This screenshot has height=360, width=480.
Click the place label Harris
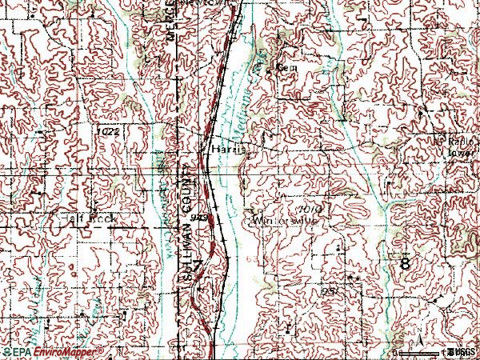tap(227, 149)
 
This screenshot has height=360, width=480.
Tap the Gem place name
tap(286, 69)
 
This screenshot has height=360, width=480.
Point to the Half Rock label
tap(77, 218)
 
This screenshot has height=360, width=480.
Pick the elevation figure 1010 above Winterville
tap(311, 207)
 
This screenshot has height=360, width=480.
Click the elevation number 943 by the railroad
tap(200, 218)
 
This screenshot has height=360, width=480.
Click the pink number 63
tap(254, 260)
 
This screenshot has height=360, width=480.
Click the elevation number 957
tap(330, 292)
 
